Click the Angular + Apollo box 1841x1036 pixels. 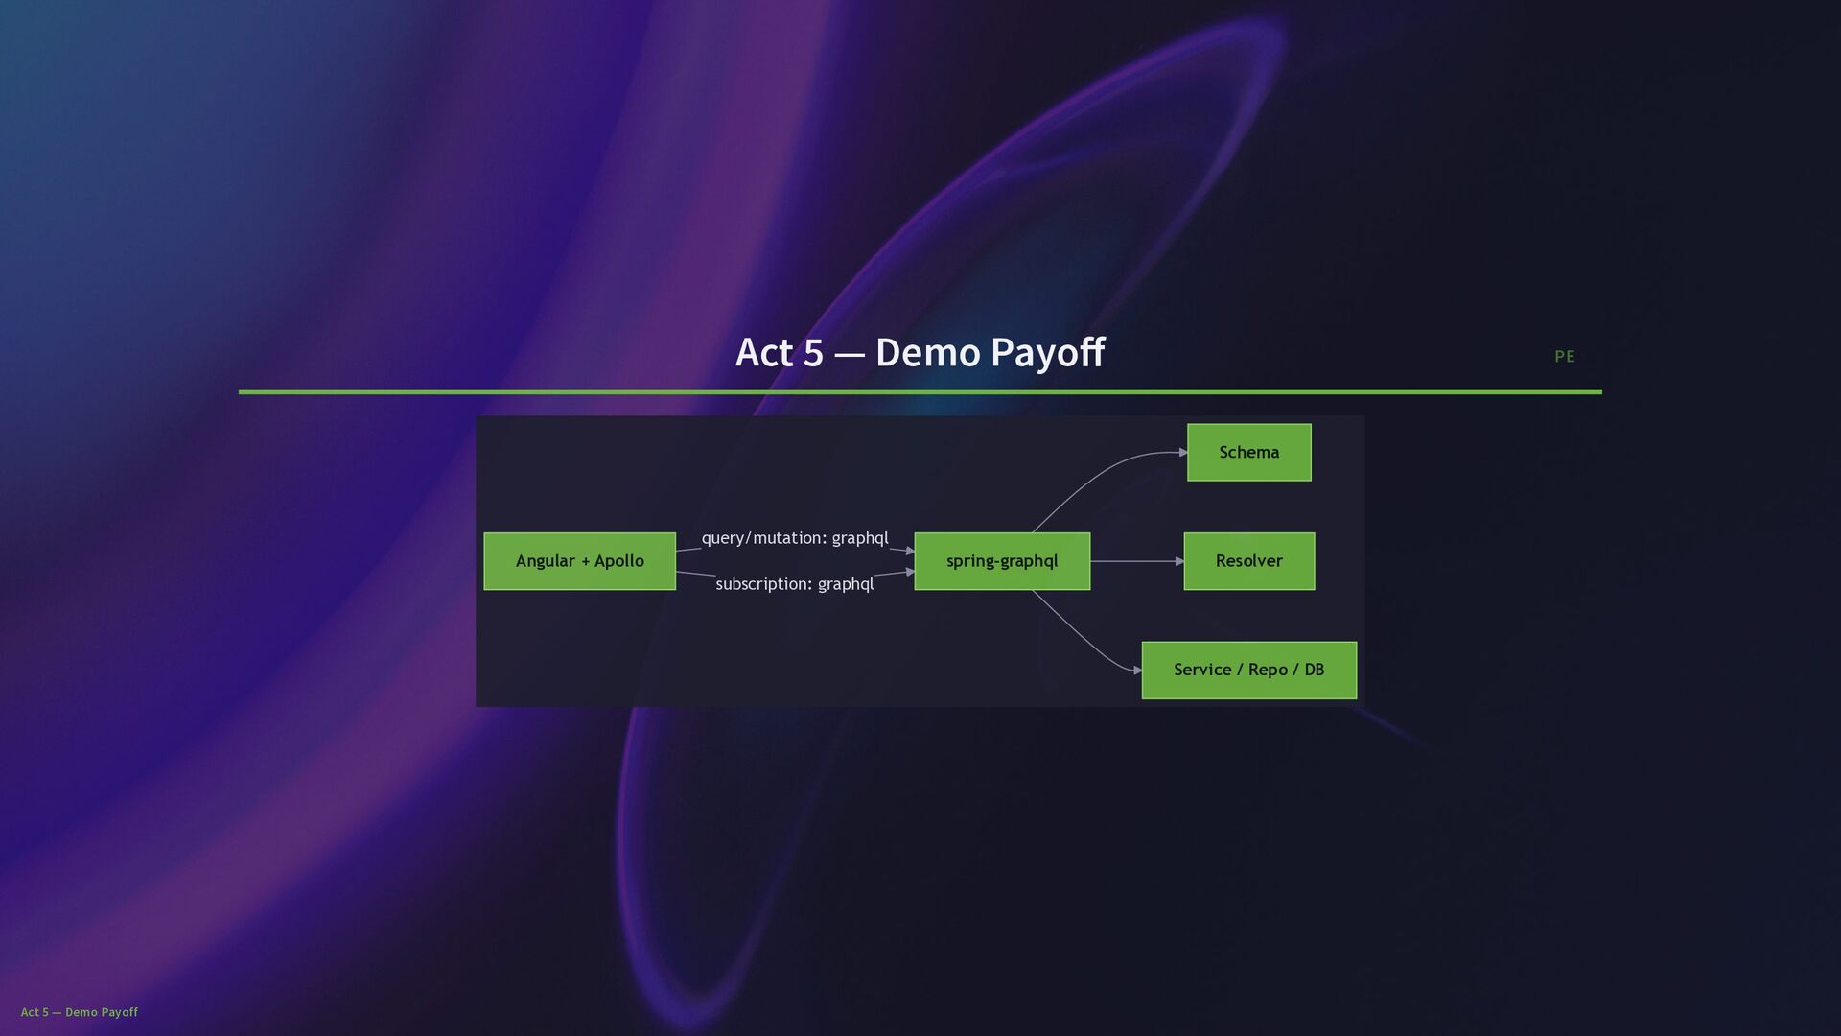click(x=579, y=561)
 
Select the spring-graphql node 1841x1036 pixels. click(x=1001, y=561)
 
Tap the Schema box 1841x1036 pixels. click(x=1248, y=452)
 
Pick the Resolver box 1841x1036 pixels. click(x=1248, y=561)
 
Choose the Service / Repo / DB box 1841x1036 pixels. click(x=1248, y=670)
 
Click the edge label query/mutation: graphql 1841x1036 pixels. click(x=794, y=538)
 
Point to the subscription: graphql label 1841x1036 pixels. click(x=794, y=584)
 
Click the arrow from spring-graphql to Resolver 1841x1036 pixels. click(x=1136, y=561)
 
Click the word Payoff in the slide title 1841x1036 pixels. click(x=1047, y=353)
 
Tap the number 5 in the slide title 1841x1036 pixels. click(x=812, y=353)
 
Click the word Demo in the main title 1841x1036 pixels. click(x=926, y=353)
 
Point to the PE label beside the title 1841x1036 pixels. click(x=1564, y=357)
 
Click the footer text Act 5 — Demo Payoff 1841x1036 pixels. click(x=80, y=1012)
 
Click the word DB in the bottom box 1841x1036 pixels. click(x=1314, y=670)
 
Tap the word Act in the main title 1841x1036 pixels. click(x=763, y=353)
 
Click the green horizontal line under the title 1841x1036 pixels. click(x=920, y=391)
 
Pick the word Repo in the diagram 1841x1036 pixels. click(x=1268, y=670)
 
